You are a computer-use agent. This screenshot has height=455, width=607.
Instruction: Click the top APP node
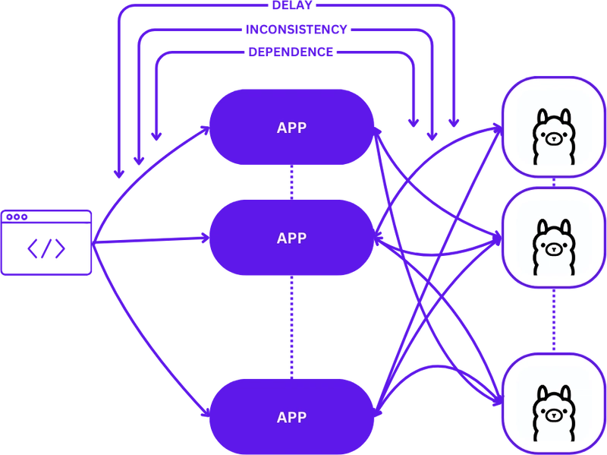292,128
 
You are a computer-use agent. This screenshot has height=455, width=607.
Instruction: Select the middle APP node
292,238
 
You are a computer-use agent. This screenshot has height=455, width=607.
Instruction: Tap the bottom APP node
292,417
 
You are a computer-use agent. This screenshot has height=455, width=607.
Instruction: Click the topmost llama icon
552,137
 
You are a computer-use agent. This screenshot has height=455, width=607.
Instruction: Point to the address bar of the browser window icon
53,217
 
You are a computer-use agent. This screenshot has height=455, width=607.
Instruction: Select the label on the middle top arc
297,29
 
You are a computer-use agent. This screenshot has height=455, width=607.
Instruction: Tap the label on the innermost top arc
291,52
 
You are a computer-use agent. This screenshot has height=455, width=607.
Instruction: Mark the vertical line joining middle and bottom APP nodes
292,326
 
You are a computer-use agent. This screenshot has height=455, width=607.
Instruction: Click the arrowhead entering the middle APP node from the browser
203,238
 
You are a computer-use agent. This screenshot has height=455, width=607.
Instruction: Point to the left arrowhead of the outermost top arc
118,173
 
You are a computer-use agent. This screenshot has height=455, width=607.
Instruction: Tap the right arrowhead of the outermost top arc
453,122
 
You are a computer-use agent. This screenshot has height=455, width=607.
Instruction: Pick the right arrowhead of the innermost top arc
414,122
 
